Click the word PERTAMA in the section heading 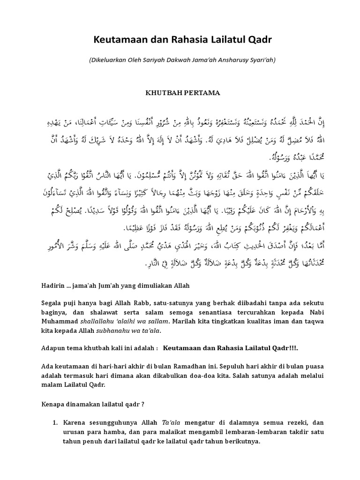tap(201, 93)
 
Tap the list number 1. tap(54, 422)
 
